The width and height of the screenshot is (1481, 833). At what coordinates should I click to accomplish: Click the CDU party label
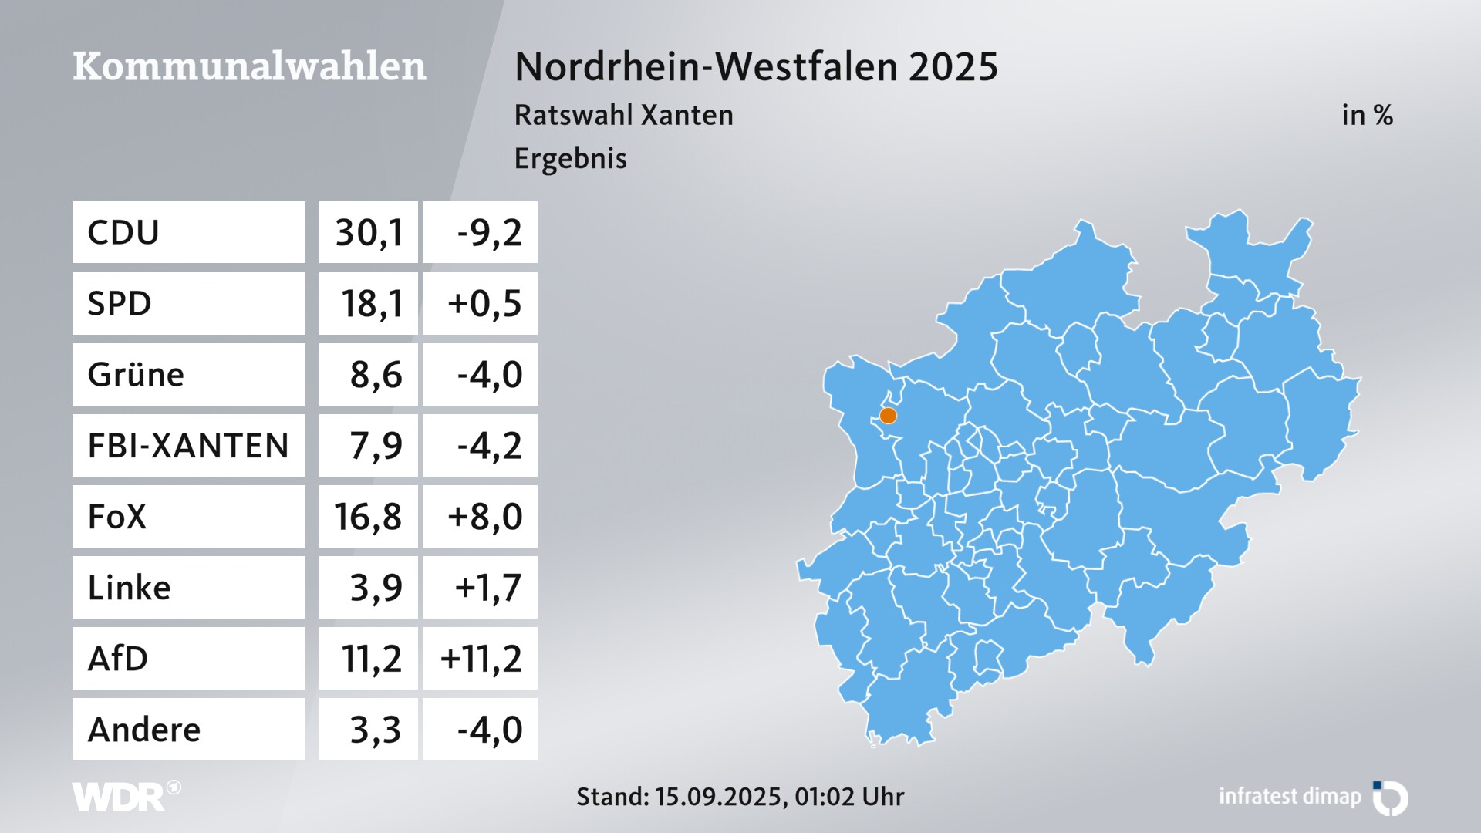tap(123, 232)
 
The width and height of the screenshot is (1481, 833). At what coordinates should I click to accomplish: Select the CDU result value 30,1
tap(369, 232)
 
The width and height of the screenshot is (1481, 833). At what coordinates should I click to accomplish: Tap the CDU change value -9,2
tap(489, 232)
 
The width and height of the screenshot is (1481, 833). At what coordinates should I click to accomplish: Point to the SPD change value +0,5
tap(484, 303)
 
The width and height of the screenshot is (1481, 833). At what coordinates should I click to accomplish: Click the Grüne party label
tap(136, 375)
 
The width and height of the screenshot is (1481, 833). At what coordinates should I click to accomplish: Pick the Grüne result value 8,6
tap(376, 375)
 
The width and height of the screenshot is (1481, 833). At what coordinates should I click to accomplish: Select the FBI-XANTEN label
tap(188, 446)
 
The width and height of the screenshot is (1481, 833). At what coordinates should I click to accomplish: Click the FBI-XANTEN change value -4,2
tap(489, 446)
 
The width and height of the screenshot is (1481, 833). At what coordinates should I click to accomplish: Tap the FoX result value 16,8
tap(368, 517)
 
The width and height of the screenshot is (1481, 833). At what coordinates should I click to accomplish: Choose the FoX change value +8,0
tap(484, 517)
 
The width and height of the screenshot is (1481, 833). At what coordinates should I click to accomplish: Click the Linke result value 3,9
tap(376, 588)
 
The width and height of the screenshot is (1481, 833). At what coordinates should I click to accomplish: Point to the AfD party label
tap(118, 659)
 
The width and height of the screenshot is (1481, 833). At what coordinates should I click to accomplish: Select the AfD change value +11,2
tap(481, 659)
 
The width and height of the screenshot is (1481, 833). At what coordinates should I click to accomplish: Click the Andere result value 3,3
tap(376, 730)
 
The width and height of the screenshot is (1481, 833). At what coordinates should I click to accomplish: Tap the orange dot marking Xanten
tap(889, 416)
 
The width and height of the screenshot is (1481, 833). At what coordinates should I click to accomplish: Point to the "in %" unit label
tap(1367, 116)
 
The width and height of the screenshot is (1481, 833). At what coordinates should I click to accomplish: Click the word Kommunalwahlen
tap(249, 66)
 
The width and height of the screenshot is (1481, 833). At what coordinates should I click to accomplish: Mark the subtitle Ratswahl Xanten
tap(623, 116)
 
